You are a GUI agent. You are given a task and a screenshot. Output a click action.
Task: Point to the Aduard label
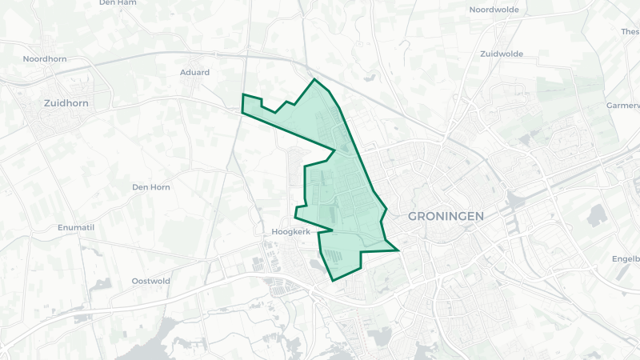[x=194, y=72]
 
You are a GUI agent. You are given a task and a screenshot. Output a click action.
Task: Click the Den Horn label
[x=150, y=186]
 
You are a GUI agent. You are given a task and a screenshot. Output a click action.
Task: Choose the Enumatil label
[x=76, y=228]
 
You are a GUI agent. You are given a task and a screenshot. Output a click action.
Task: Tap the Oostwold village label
[x=150, y=281]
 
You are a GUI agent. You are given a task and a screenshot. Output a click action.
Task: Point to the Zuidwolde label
[x=502, y=54]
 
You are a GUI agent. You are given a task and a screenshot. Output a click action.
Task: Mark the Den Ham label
[x=118, y=2]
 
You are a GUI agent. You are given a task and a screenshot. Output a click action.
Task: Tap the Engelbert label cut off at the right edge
[x=626, y=258]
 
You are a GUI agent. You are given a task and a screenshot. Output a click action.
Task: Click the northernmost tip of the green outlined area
[x=314, y=79]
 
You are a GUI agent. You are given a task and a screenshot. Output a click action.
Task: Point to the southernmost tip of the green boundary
[x=332, y=280]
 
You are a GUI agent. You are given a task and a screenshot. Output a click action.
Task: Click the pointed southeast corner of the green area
[x=398, y=250]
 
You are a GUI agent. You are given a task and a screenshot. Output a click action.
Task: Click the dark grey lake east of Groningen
[x=596, y=214]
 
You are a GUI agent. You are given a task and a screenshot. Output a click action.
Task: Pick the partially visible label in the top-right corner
[x=630, y=32]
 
